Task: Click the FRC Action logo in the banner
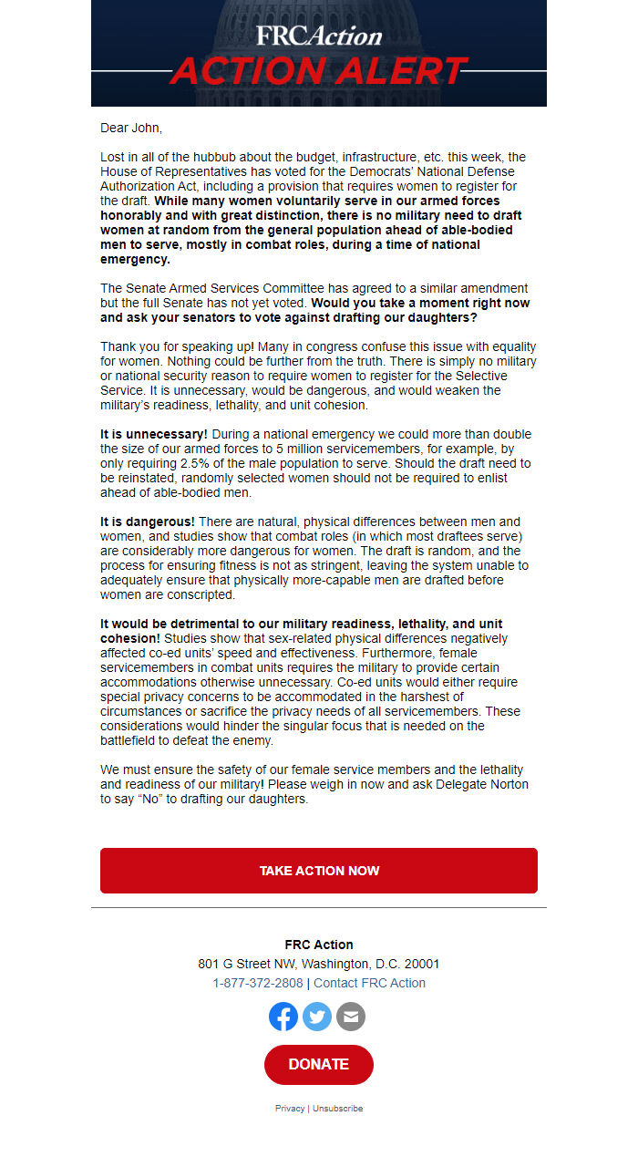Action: [x=318, y=36]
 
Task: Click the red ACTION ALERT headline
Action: [x=318, y=71]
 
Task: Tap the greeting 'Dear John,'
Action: [x=131, y=128]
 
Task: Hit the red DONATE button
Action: [x=318, y=1064]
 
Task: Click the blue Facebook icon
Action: [x=283, y=1016]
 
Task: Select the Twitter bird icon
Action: [x=317, y=1016]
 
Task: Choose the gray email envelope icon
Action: [x=351, y=1016]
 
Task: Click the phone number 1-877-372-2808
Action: [x=258, y=983]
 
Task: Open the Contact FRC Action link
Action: [x=369, y=983]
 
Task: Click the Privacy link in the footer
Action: [x=290, y=1109]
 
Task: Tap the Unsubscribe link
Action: [x=337, y=1109]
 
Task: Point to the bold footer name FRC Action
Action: [x=318, y=945]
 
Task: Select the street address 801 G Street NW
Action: [x=247, y=964]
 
